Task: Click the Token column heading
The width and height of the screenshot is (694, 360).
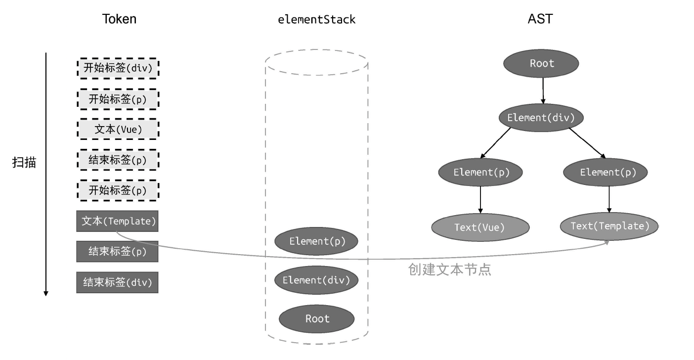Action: point(119,19)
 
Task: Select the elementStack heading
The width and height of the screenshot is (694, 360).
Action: point(316,20)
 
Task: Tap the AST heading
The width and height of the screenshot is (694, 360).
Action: point(541,19)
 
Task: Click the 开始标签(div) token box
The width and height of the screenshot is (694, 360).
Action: point(118,68)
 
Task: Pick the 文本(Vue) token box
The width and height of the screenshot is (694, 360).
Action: point(118,130)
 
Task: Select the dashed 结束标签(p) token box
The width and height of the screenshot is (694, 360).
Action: point(118,160)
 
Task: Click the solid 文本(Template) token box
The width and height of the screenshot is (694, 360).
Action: point(118,221)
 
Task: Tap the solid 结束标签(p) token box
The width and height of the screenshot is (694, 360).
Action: point(118,251)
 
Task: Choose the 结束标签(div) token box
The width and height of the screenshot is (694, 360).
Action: point(118,282)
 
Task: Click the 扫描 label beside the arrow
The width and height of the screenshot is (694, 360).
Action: point(24,163)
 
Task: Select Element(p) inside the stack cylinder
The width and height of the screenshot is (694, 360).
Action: point(317,241)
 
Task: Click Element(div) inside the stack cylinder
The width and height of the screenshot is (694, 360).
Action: point(316,280)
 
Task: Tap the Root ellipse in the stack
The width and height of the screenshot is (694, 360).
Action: point(317,318)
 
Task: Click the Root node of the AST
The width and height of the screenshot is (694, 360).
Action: point(541,63)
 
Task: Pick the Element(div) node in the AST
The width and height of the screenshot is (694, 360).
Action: point(541,118)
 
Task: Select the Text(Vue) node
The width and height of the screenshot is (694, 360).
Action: point(479,227)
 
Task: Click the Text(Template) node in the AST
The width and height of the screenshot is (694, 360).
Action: point(609,226)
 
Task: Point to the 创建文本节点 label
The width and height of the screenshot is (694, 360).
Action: point(450,270)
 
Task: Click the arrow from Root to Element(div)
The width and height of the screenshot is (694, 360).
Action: point(543,90)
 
